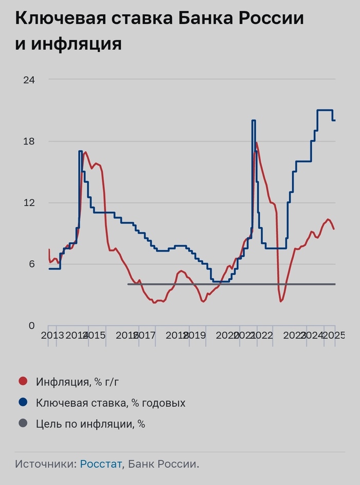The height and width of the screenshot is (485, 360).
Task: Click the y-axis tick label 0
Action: [30, 326]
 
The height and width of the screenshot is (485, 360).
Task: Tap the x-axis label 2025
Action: [334, 336]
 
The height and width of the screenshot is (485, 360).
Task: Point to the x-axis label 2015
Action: [94, 336]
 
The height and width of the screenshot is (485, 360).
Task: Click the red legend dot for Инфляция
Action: [23, 381]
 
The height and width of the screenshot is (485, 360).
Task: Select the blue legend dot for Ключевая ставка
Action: [23, 402]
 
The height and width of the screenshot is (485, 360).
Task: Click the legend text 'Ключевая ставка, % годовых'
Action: [111, 403]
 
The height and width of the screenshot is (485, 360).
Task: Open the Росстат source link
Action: [101, 464]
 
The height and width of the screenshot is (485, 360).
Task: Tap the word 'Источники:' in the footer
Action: [46, 464]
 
